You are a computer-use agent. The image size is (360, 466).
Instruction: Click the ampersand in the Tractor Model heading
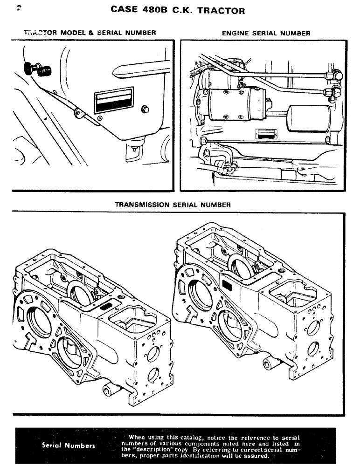(x=91, y=33)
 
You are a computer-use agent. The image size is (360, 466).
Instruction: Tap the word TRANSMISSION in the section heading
(x=142, y=205)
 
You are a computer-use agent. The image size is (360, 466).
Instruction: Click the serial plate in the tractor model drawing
(x=114, y=100)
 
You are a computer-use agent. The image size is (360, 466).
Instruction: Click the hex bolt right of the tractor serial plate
(x=145, y=109)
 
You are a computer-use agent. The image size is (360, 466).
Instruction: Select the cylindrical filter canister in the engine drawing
(x=309, y=121)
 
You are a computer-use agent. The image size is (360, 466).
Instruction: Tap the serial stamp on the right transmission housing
(x=228, y=285)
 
